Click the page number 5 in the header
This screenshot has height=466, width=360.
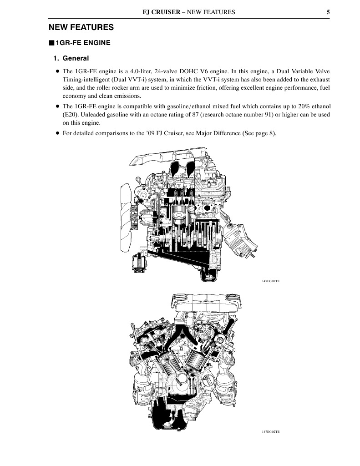(x=328, y=12)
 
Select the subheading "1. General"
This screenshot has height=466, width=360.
(x=71, y=58)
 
